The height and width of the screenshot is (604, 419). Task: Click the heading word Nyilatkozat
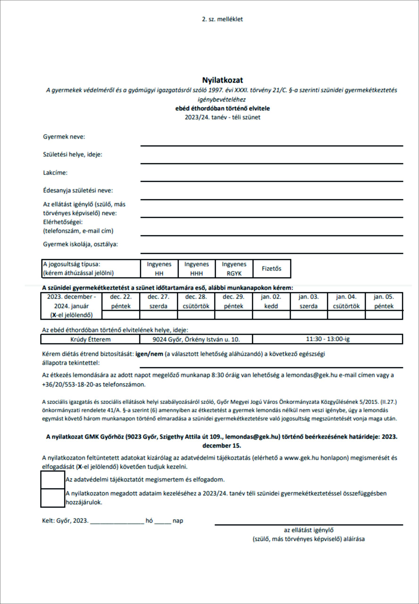click(222, 80)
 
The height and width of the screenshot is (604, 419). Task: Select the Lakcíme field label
click(55, 173)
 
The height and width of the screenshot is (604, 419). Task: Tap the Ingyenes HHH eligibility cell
click(196, 268)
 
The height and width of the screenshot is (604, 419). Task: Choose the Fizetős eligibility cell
click(272, 268)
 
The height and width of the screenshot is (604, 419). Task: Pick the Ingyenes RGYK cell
click(234, 268)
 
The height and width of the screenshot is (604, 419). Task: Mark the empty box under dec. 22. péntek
click(121, 315)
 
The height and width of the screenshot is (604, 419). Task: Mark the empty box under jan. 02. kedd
click(271, 315)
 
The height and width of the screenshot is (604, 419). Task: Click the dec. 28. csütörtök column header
click(196, 301)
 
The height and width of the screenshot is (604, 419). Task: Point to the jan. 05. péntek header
click(384, 301)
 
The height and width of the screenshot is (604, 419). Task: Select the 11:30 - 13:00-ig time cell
click(328, 339)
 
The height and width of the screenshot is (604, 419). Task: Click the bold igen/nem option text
click(149, 354)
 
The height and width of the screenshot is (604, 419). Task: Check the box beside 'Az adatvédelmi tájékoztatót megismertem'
click(53, 480)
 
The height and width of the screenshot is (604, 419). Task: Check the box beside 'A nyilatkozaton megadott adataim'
click(53, 498)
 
